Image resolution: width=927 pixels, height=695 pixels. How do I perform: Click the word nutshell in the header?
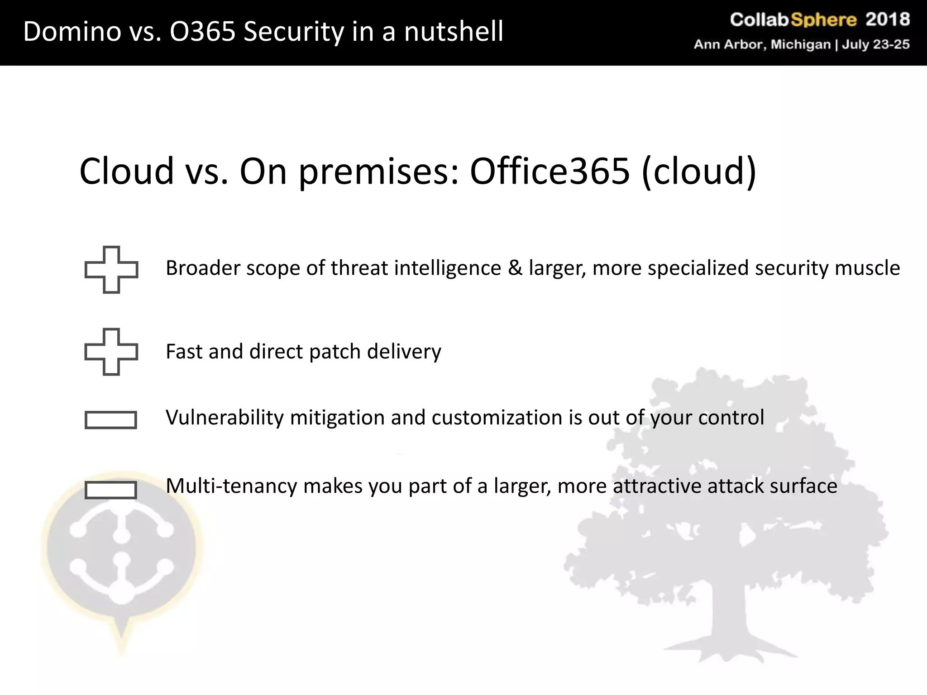click(454, 32)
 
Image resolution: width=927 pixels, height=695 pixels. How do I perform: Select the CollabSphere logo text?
click(793, 20)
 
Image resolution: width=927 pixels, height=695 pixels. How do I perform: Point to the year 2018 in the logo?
click(888, 20)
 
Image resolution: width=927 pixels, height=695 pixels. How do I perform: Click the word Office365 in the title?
click(550, 171)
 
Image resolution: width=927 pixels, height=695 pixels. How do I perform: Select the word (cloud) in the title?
click(698, 171)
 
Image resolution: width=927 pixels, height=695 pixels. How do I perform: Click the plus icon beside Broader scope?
click(111, 270)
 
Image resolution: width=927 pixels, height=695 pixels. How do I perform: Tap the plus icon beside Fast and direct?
click(111, 352)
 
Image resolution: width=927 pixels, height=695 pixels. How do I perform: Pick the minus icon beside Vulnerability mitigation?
click(111, 420)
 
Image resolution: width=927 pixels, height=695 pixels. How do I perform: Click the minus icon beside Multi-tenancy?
click(111, 490)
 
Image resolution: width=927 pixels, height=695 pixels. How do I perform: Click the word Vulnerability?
click(225, 418)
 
